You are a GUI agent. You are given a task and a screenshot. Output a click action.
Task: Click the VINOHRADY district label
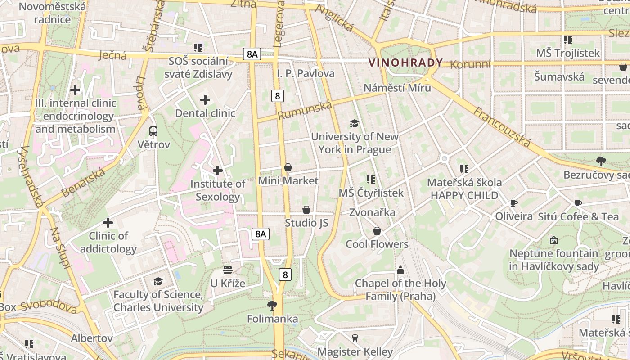click(x=405, y=63)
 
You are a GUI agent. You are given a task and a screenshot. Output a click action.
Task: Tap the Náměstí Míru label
click(x=397, y=87)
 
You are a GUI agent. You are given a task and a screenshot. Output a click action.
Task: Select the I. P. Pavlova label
click(x=306, y=73)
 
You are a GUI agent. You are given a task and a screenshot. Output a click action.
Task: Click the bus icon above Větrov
click(x=153, y=131)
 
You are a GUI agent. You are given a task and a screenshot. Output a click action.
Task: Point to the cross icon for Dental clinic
click(x=205, y=100)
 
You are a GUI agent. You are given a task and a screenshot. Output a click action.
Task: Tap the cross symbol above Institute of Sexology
click(x=218, y=171)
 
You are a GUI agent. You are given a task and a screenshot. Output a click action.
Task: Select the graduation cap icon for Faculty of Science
click(x=158, y=281)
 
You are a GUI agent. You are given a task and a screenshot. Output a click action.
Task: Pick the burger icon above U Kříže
click(x=228, y=270)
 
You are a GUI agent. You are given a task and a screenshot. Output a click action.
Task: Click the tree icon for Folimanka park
click(x=272, y=306)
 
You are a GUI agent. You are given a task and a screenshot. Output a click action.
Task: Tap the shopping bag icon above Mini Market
click(x=288, y=167)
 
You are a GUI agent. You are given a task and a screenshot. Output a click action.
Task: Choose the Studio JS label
click(x=306, y=223)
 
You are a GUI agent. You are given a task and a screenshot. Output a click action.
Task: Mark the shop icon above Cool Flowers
click(x=377, y=231)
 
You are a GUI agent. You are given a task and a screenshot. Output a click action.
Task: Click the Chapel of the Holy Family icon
click(x=400, y=270)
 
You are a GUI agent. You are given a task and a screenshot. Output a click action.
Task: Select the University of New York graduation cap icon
click(x=355, y=123)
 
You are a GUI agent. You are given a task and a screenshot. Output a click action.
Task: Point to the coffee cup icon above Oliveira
click(x=513, y=203)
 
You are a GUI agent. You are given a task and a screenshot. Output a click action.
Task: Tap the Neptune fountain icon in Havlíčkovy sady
click(x=554, y=240)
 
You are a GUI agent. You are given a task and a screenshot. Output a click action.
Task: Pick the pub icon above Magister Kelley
click(x=355, y=338)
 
